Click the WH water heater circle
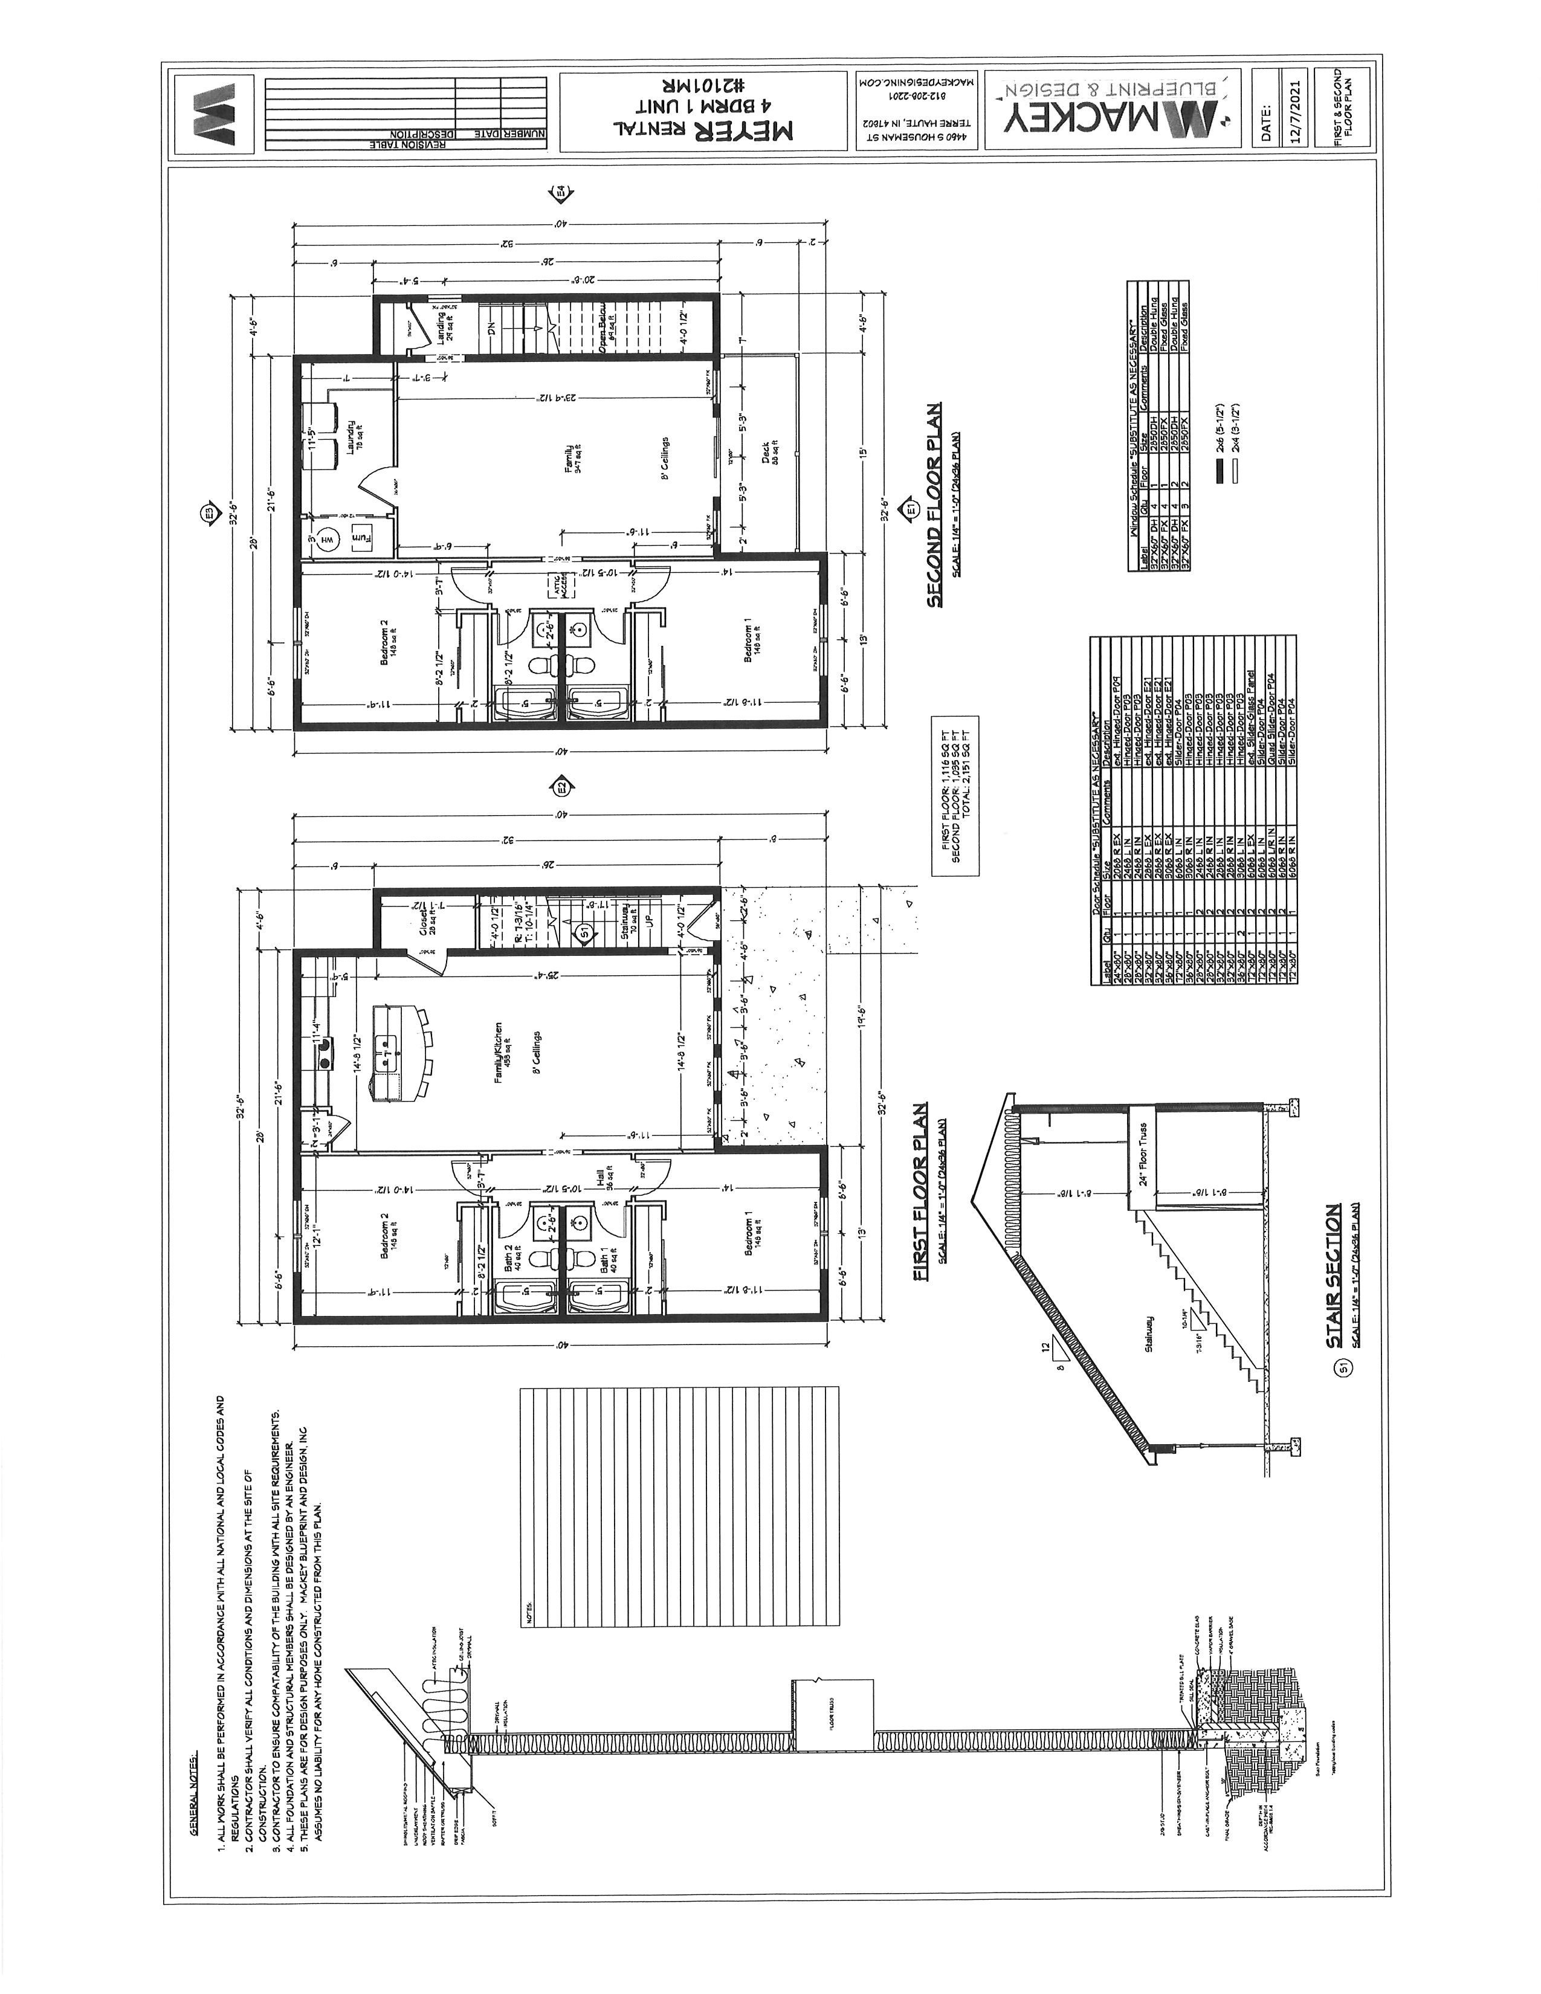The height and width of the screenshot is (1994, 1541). [325, 541]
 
